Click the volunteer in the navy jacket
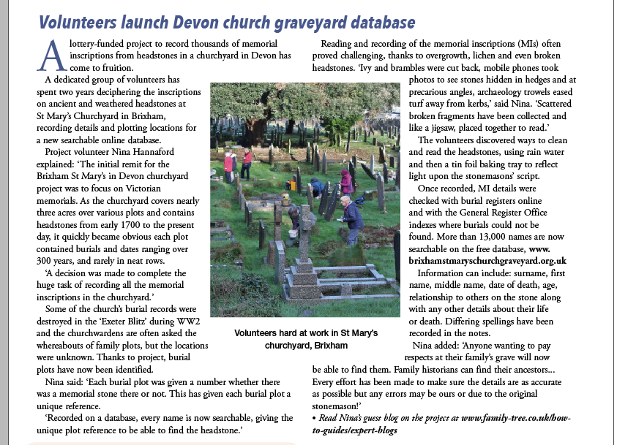(353, 217)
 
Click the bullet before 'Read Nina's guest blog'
(314, 418)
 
